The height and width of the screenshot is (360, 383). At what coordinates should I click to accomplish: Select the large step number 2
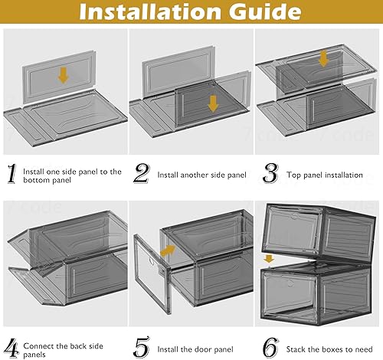pos(142,175)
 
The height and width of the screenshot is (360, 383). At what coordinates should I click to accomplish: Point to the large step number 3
pos(269,175)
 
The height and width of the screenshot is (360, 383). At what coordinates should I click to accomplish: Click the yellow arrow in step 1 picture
pos(63,74)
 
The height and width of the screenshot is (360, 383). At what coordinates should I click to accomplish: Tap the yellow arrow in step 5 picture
pos(166,250)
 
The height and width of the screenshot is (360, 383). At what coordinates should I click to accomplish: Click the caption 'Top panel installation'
pos(325,175)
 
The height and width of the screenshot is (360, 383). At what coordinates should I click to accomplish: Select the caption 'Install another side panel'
pos(202,175)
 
